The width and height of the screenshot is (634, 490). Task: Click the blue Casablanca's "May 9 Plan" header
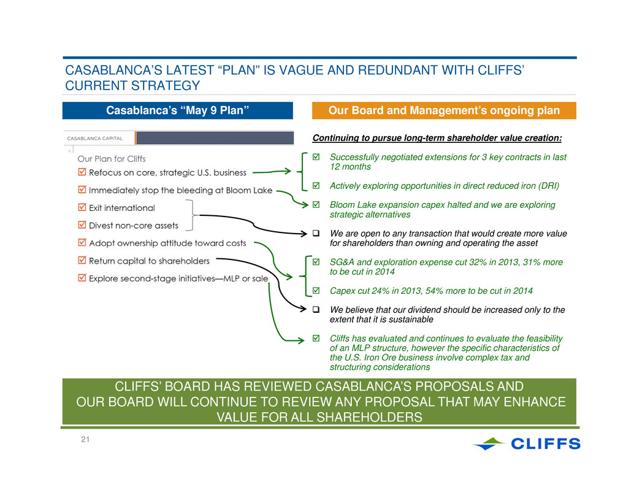tap(177, 110)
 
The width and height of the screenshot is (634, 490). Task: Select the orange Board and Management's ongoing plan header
tap(444, 110)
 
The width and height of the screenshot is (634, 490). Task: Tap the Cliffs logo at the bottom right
tap(527, 443)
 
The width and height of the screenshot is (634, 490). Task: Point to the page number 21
tap(85, 440)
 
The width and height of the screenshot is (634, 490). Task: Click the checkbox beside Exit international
tap(82, 207)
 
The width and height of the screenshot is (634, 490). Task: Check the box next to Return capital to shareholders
tap(82, 261)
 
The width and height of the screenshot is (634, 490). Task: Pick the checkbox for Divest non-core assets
tap(82, 225)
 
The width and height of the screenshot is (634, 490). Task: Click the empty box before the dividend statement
tap(316, 309)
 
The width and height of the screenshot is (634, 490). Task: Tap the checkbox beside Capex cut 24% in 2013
tap(316, 290)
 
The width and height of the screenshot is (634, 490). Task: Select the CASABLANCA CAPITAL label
tap(94, 138)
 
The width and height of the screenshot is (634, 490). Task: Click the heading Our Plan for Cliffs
tap(112, 159)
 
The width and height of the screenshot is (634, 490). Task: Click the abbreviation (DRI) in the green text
tap(549, 186)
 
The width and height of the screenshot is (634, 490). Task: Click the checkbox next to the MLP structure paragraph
tap(316, 338)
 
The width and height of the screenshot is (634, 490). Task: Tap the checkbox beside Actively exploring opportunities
tap(316, 185)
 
